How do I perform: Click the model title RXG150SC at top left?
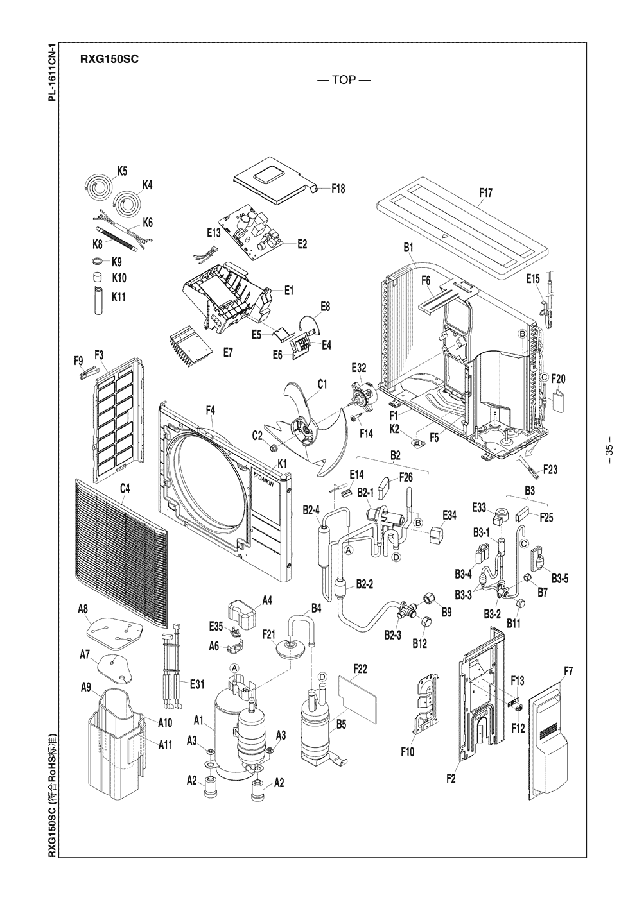tap(110, 59)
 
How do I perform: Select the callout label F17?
tap(485, 192)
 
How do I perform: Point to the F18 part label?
tap(338, 189)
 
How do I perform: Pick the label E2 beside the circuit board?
tap(302, 244)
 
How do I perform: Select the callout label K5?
tap(122, 171)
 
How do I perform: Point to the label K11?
tap(119, 296)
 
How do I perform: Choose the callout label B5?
tap(342, 724)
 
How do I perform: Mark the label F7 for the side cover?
tap(568, 671)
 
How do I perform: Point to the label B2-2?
tap(365, 584)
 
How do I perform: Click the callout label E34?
tap(449, 515)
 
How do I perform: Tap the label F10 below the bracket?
tap(407, 752)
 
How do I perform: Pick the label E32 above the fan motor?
tap(359, 368)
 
